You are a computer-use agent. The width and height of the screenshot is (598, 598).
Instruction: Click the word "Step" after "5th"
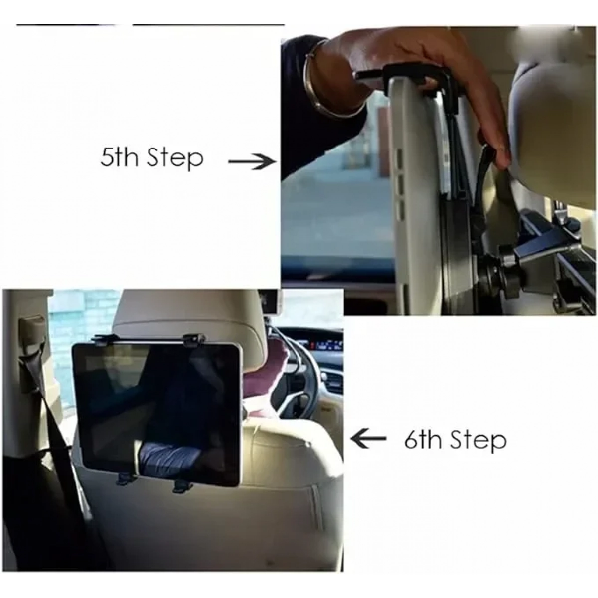click(175, 159)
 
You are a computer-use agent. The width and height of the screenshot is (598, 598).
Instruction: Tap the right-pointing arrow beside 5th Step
click(252, 161)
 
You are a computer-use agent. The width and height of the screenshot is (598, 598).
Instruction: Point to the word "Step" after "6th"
click(479, 441)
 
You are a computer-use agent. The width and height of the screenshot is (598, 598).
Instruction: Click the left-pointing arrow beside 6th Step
click(368, 439)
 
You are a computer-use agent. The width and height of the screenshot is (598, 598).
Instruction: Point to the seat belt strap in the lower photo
click(50, 435)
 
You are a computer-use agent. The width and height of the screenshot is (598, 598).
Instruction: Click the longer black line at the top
click(208, 25)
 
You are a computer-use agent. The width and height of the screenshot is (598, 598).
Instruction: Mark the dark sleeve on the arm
click(313, 103)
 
